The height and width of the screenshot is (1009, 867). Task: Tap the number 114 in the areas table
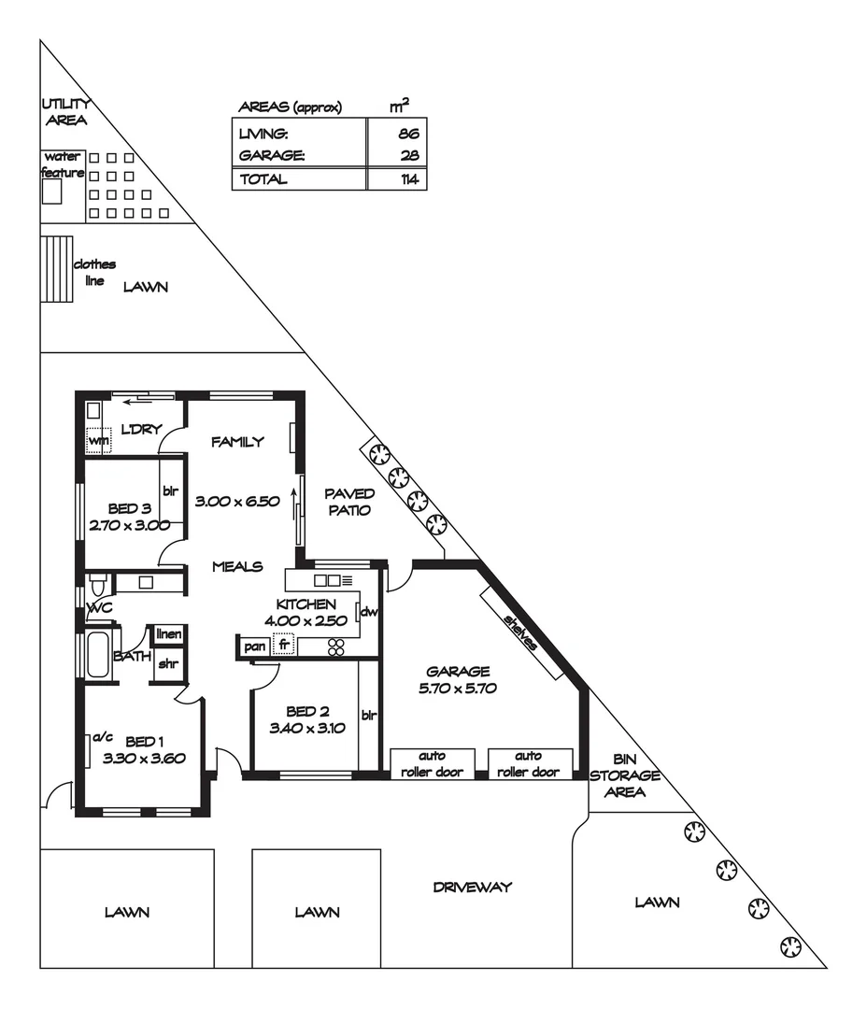pos(407,179)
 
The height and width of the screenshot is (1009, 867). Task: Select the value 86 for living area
pos(407,135)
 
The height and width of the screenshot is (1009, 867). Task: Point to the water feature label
pos(63,164)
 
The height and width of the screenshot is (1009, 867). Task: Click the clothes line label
pos(94,272)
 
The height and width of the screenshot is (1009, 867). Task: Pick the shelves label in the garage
pos(520,632)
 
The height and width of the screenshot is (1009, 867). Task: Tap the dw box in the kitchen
pos(368,613)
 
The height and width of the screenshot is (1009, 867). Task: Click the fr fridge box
pos(283,646)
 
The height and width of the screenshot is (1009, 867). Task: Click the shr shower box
pos(168,664)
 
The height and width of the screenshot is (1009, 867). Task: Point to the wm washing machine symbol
pos(98,440)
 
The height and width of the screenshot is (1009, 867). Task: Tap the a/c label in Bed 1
pos(102,737)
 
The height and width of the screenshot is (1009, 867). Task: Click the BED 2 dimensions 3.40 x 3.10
pos(307,729)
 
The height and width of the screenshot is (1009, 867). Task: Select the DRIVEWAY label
pos(473,887)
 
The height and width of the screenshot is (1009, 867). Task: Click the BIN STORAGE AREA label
pos(624,775)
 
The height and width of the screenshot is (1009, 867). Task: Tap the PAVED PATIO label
pos(349,502)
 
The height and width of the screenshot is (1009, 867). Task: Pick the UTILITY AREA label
pos(64,112)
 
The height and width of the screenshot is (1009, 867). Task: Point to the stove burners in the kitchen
pos(335,646)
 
